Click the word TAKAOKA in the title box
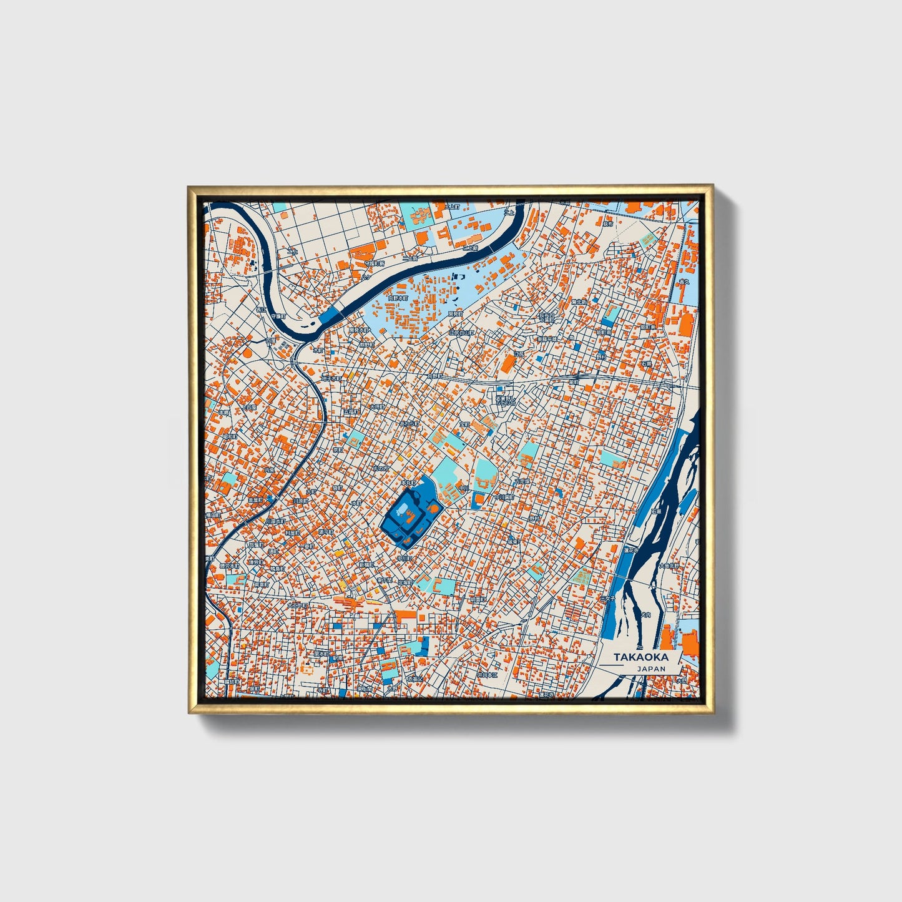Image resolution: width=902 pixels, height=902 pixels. [640, 657]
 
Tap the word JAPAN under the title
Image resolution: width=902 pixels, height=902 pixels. [651, 669]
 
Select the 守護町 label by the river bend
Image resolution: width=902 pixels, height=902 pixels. [277, 316]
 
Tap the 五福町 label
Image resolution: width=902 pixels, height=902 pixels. [351, 412]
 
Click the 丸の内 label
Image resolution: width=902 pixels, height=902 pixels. [381, 468]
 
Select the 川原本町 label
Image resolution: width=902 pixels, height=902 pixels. [275, 521]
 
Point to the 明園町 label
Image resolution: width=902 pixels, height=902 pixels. [478, 599]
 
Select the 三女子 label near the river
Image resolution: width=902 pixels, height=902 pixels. [607, 597]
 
